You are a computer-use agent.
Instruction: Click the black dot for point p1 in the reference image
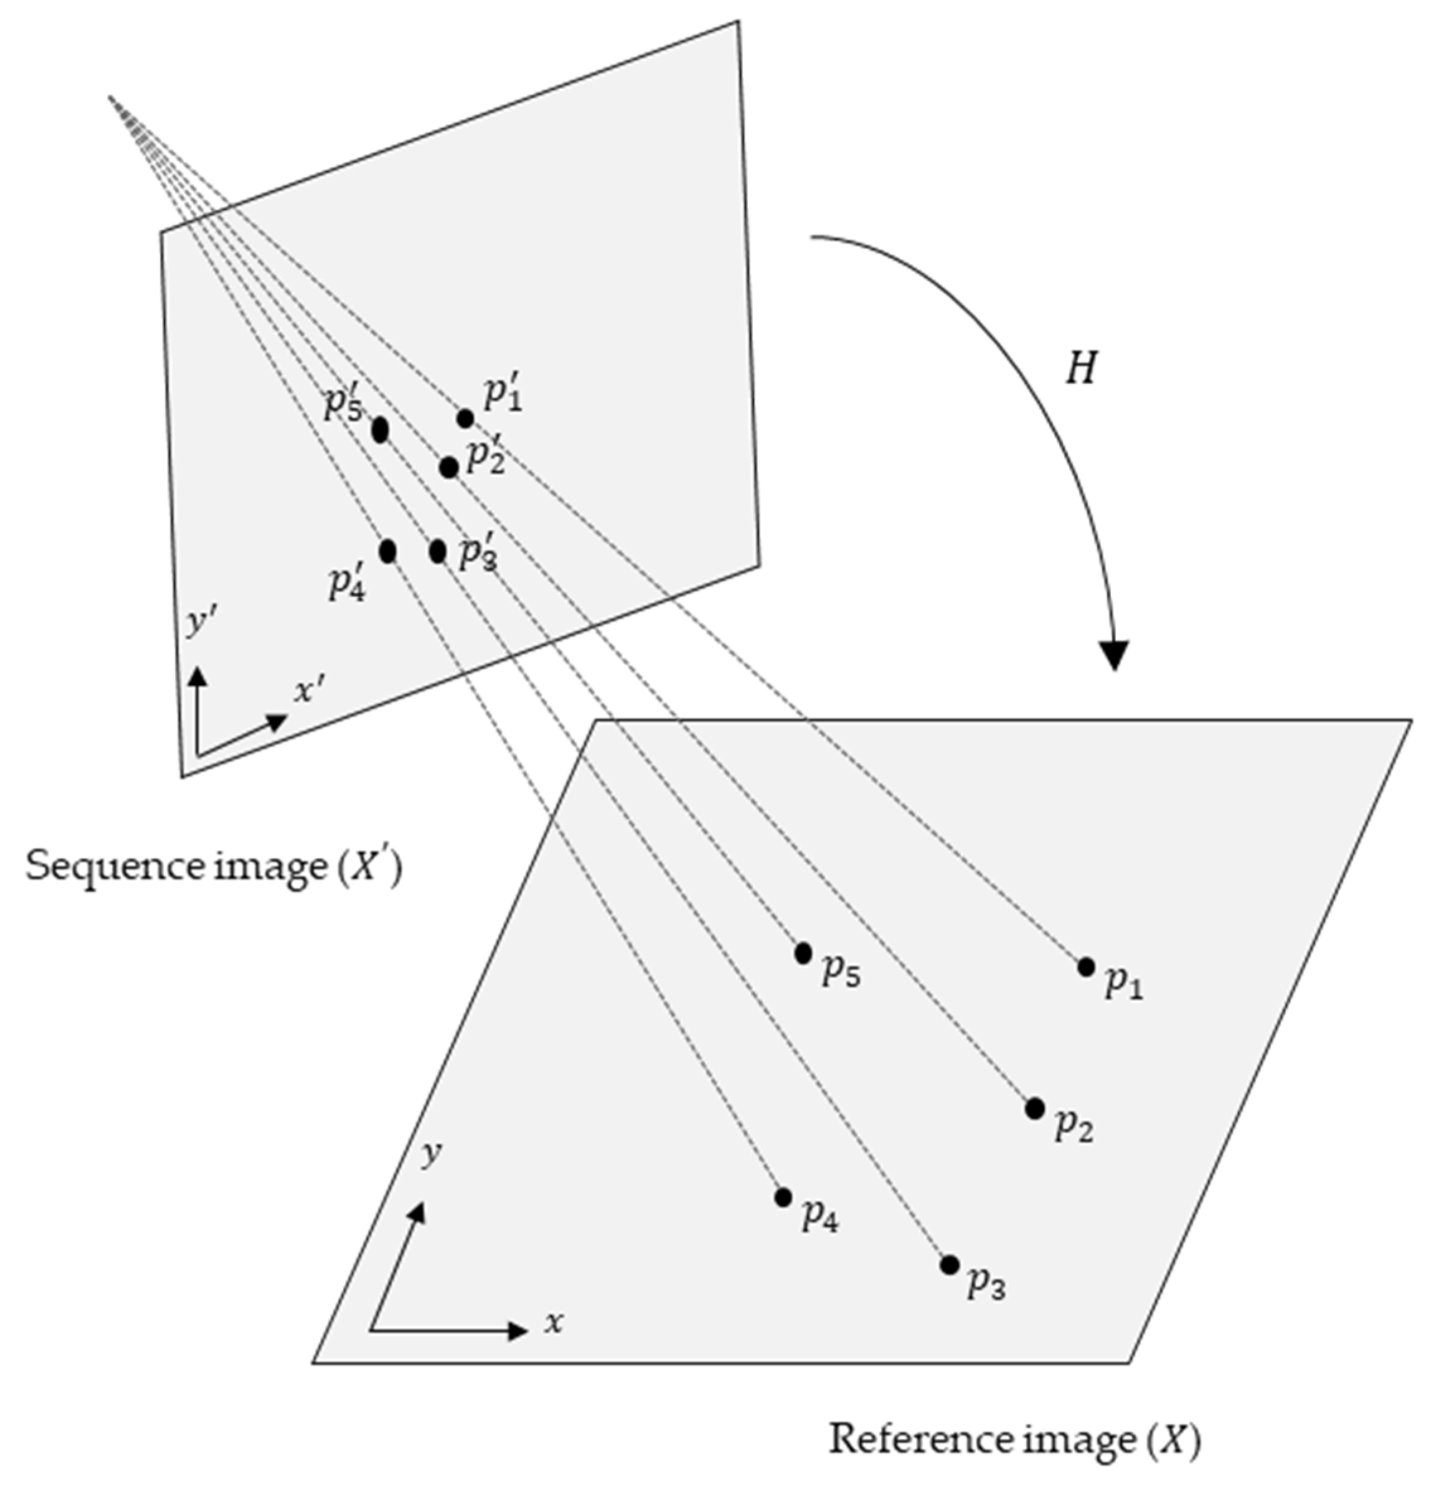(x=1086, y=967)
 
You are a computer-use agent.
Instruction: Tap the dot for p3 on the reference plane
(x=949, y=1265)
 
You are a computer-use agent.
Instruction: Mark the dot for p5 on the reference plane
(x=803, y=953)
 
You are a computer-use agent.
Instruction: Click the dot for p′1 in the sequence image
(x=465, y=418)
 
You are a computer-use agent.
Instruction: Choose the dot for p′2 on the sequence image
(x=449, y=467)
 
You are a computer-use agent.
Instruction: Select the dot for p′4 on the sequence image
(x=388, y=550)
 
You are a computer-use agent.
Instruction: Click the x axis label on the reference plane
(x=553, y=1324)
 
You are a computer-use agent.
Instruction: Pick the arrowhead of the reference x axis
(x=519, y=1331)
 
